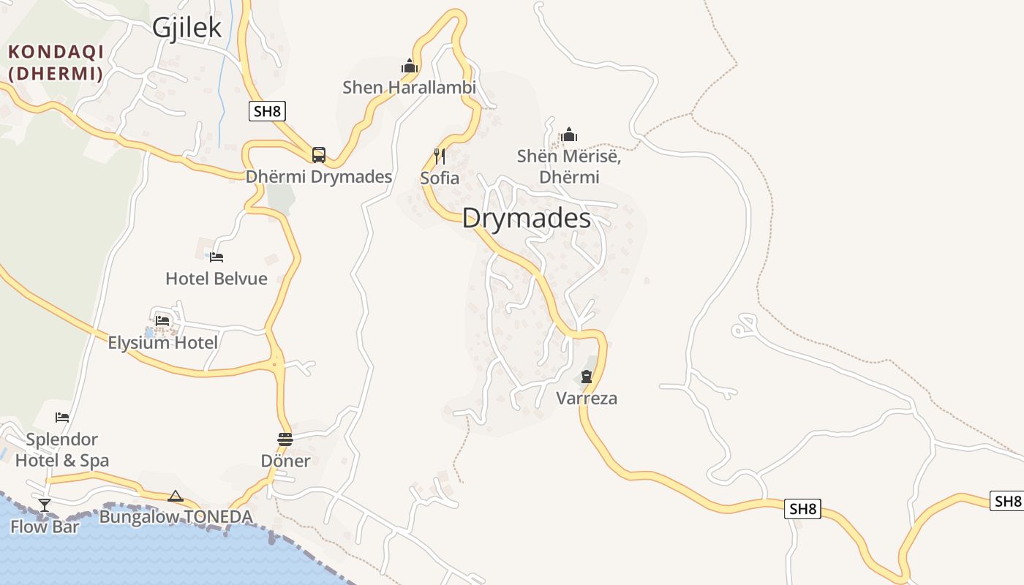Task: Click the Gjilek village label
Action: pos(187,28)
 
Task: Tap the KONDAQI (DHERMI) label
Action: pos(56,62)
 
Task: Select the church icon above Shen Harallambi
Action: pos(410,67)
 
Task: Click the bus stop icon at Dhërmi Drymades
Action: pos(319,154)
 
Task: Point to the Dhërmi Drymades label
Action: pos(319,177)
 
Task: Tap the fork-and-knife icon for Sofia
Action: pos(440,156)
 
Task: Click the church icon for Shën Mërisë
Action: pos(569,135)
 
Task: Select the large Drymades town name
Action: pos(527,218)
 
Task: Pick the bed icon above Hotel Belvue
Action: pos(217,257)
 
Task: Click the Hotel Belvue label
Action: pos(217,279)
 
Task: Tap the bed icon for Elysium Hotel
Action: pos(162,321)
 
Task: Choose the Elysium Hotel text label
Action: pos(162,342)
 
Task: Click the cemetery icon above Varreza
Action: pos(587,377)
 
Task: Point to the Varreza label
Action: pos(587,399)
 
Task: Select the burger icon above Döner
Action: pos(285,439)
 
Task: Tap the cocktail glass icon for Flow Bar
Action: pos(45,505)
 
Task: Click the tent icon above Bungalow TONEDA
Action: pos(176,497)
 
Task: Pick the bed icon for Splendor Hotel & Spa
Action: pos(62,418)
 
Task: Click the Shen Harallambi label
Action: pos(410,88)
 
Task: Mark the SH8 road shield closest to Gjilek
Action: pos(267,111)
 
